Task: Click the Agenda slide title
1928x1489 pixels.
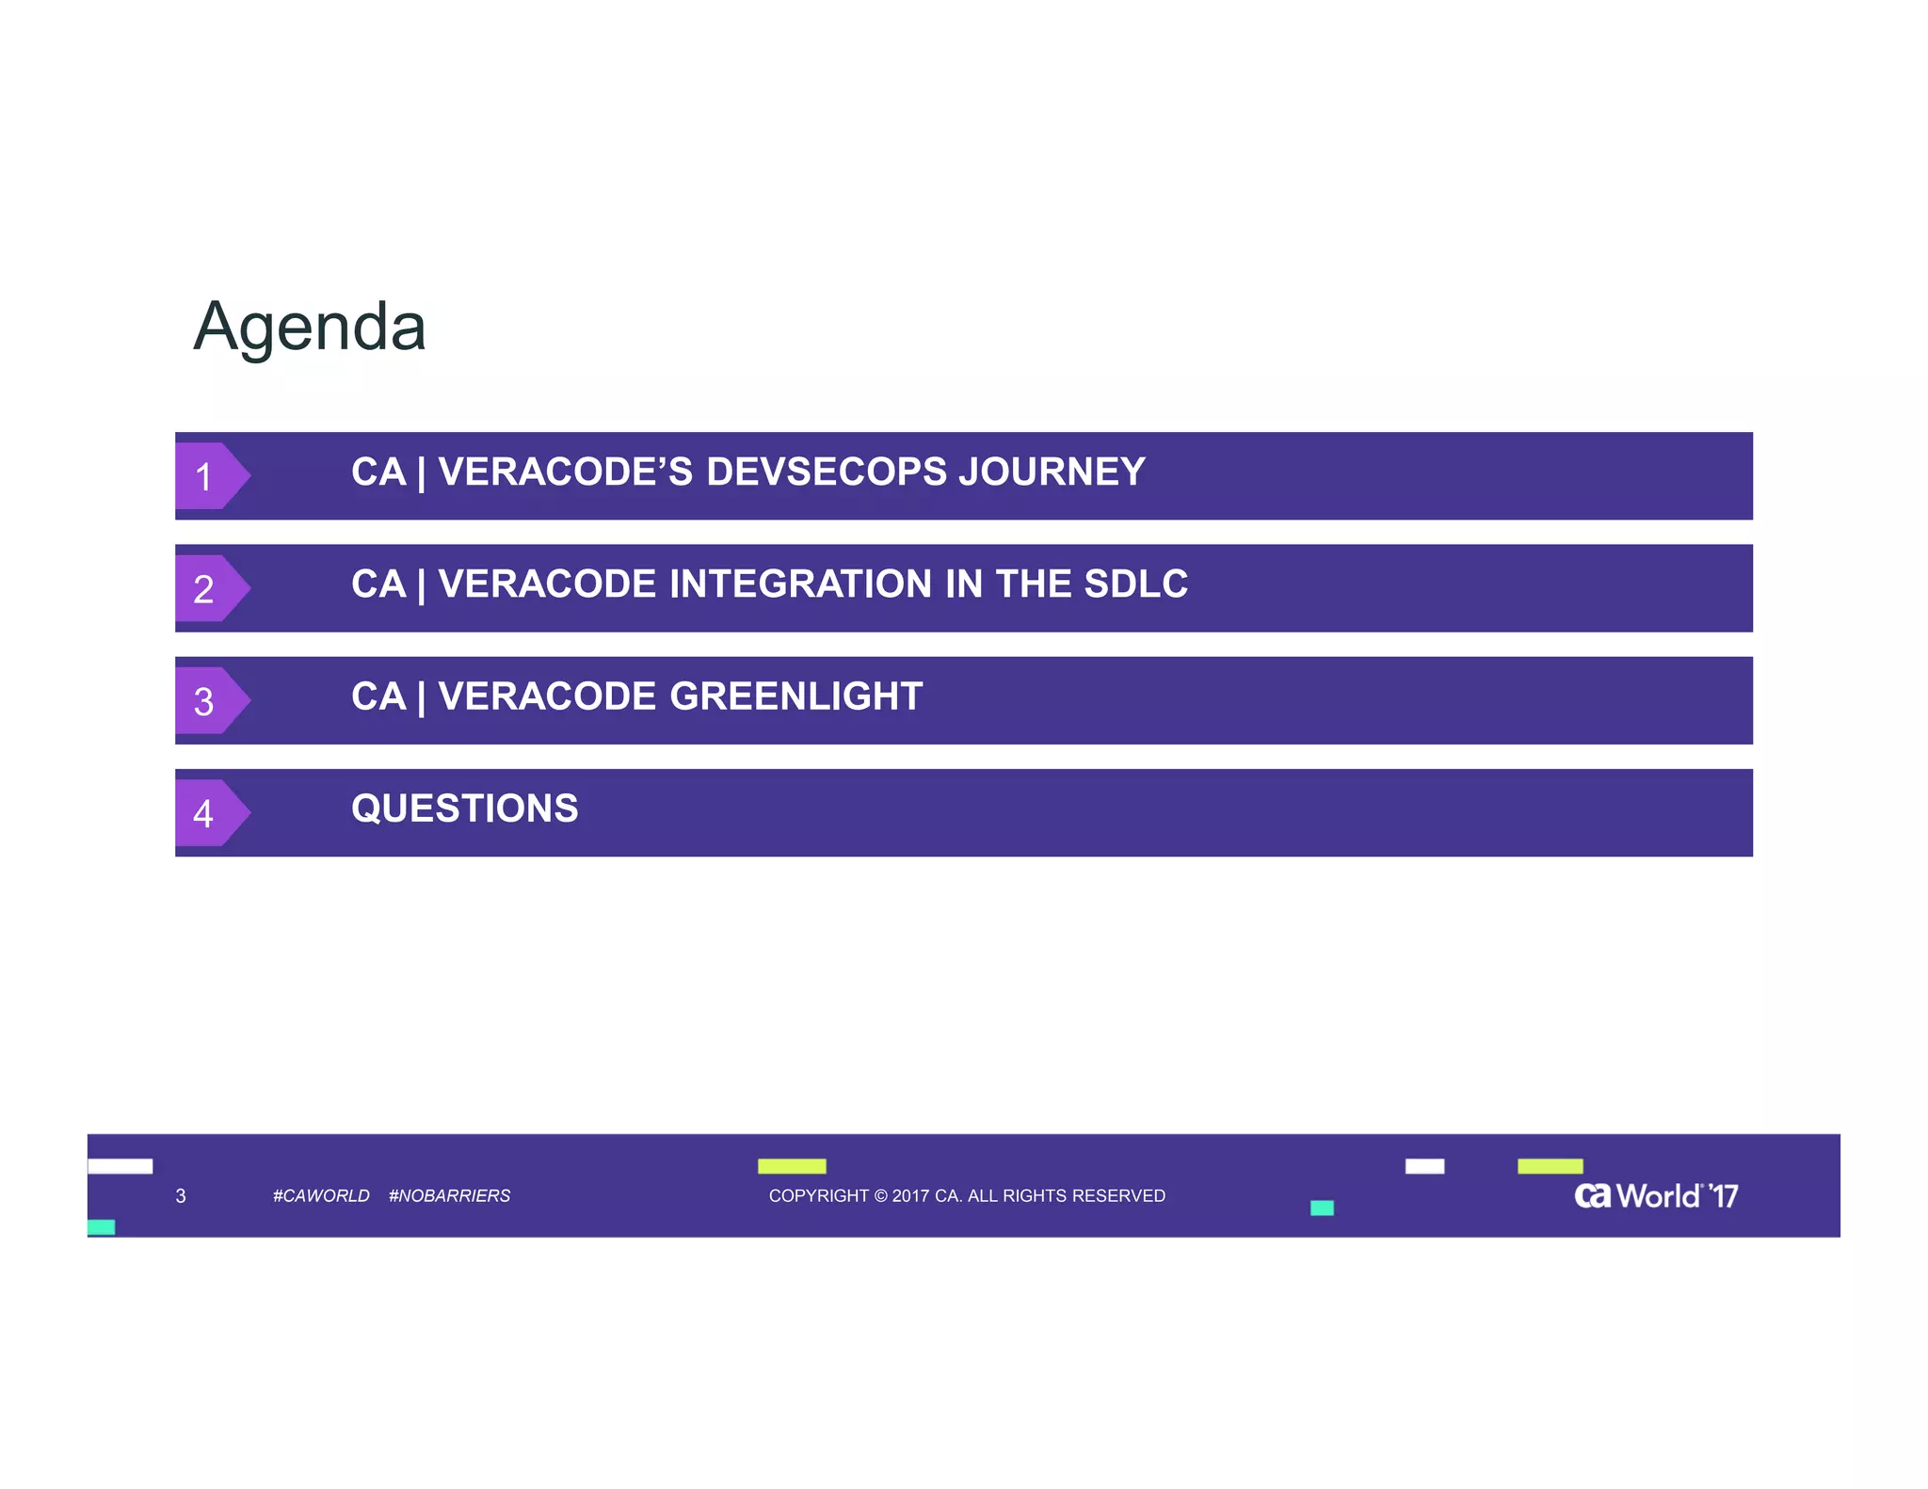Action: pos(310,327)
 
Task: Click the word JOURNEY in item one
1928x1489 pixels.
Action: pos(1052,472)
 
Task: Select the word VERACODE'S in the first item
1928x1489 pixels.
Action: pos(566,472)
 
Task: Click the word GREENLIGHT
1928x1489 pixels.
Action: pos(795,696)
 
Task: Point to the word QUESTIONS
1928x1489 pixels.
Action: pos(465,809)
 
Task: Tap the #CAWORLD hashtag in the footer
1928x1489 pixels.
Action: pos(321,1195)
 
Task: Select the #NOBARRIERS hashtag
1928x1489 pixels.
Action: pos(449,1195)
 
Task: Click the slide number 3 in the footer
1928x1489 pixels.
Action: pos(181,1195)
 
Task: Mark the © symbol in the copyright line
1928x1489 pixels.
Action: pos(881,1195)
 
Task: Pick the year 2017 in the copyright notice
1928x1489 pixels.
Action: pos(910,1195)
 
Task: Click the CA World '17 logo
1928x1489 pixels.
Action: pos(1656,1195)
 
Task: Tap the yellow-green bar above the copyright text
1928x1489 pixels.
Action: pos(792,1166)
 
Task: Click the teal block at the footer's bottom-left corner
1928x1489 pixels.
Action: pos(101,1227)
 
